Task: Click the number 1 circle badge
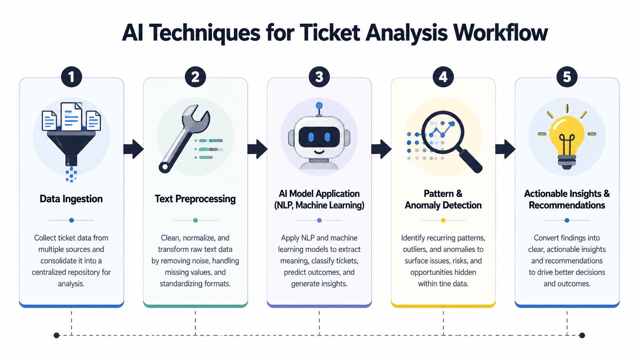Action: tap(72, 77)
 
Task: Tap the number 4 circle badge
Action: tap(443, 77)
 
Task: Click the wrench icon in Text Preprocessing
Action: tap(184, 138)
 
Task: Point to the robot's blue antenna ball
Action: tap(319, 106)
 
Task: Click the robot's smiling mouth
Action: tap(319, 151)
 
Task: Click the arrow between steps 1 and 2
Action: tap(134, 149)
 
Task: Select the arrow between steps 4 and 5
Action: tap(505, 149)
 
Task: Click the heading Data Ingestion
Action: tap(71, 199)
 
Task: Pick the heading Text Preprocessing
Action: tap(195, 199)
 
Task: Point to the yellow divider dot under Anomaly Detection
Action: tap(443, 220)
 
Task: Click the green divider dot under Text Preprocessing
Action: tap(196, 220)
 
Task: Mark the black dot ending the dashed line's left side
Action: tap(57, 335)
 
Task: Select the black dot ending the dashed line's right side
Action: tap(582, 335)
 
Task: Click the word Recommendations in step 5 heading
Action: tap(567, 205)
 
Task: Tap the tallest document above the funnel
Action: tap(72, 116)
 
